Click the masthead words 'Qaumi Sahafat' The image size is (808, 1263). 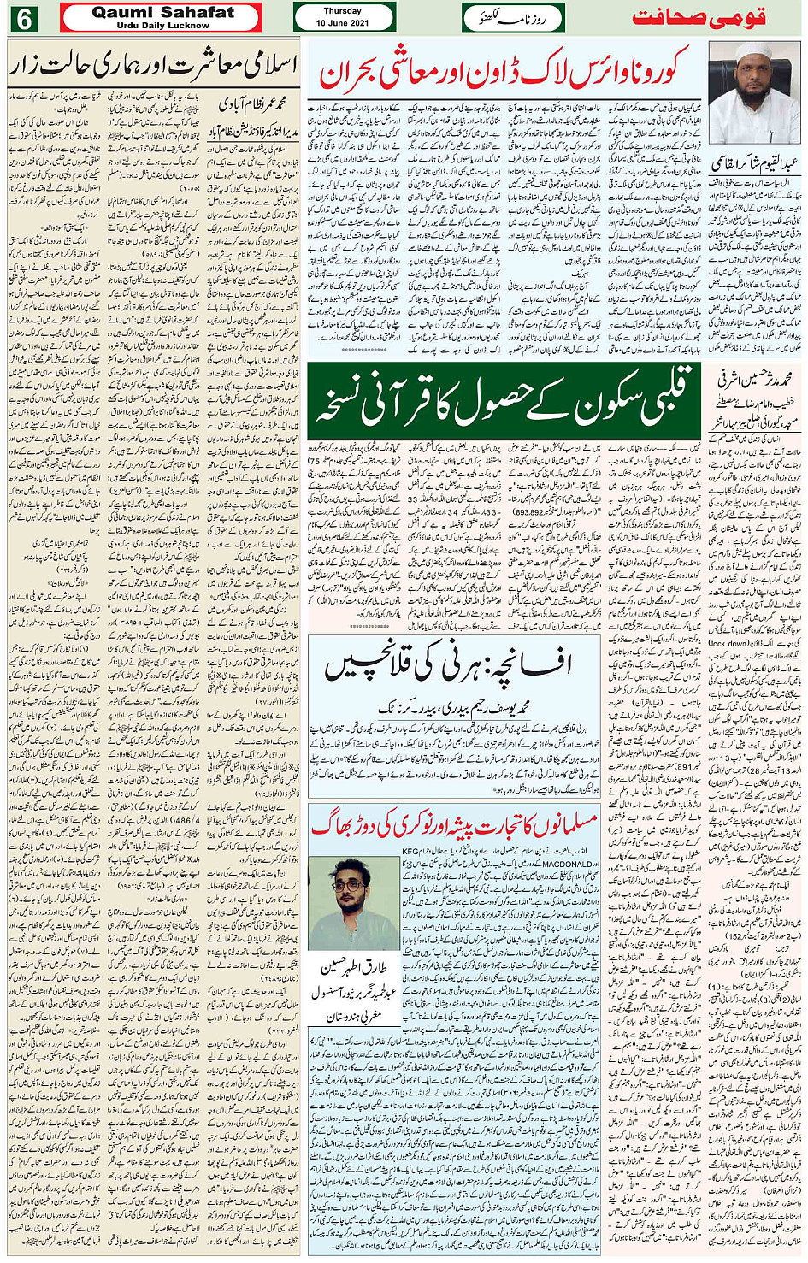[x=162, y=12]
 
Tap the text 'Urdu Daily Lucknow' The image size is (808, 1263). [x=162, y=26]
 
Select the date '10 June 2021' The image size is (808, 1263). [x=342, y=23]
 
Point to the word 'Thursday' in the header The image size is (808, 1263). [x=342, y=11]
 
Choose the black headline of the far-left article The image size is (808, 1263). [x=154, y=63]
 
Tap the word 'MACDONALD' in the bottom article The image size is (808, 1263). [x=569, y=865]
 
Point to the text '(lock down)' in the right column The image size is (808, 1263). [x=728, y=643]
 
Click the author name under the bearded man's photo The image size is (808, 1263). [x=754, y=162]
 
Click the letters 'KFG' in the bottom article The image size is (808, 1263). [x=411, y=852]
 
